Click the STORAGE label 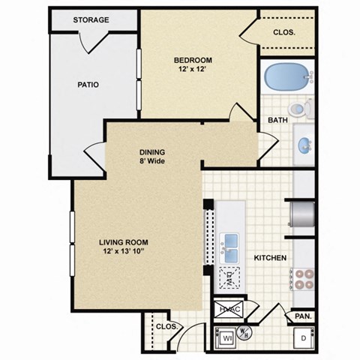coord(91,19)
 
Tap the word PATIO coord(88,84)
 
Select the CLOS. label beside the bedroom coord(283,32)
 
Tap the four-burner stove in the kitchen coord(302,278)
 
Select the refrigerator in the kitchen coord(303,214)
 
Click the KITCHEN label coord(271,258)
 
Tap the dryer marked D coord(302,337)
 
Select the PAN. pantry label coord(301,316)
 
